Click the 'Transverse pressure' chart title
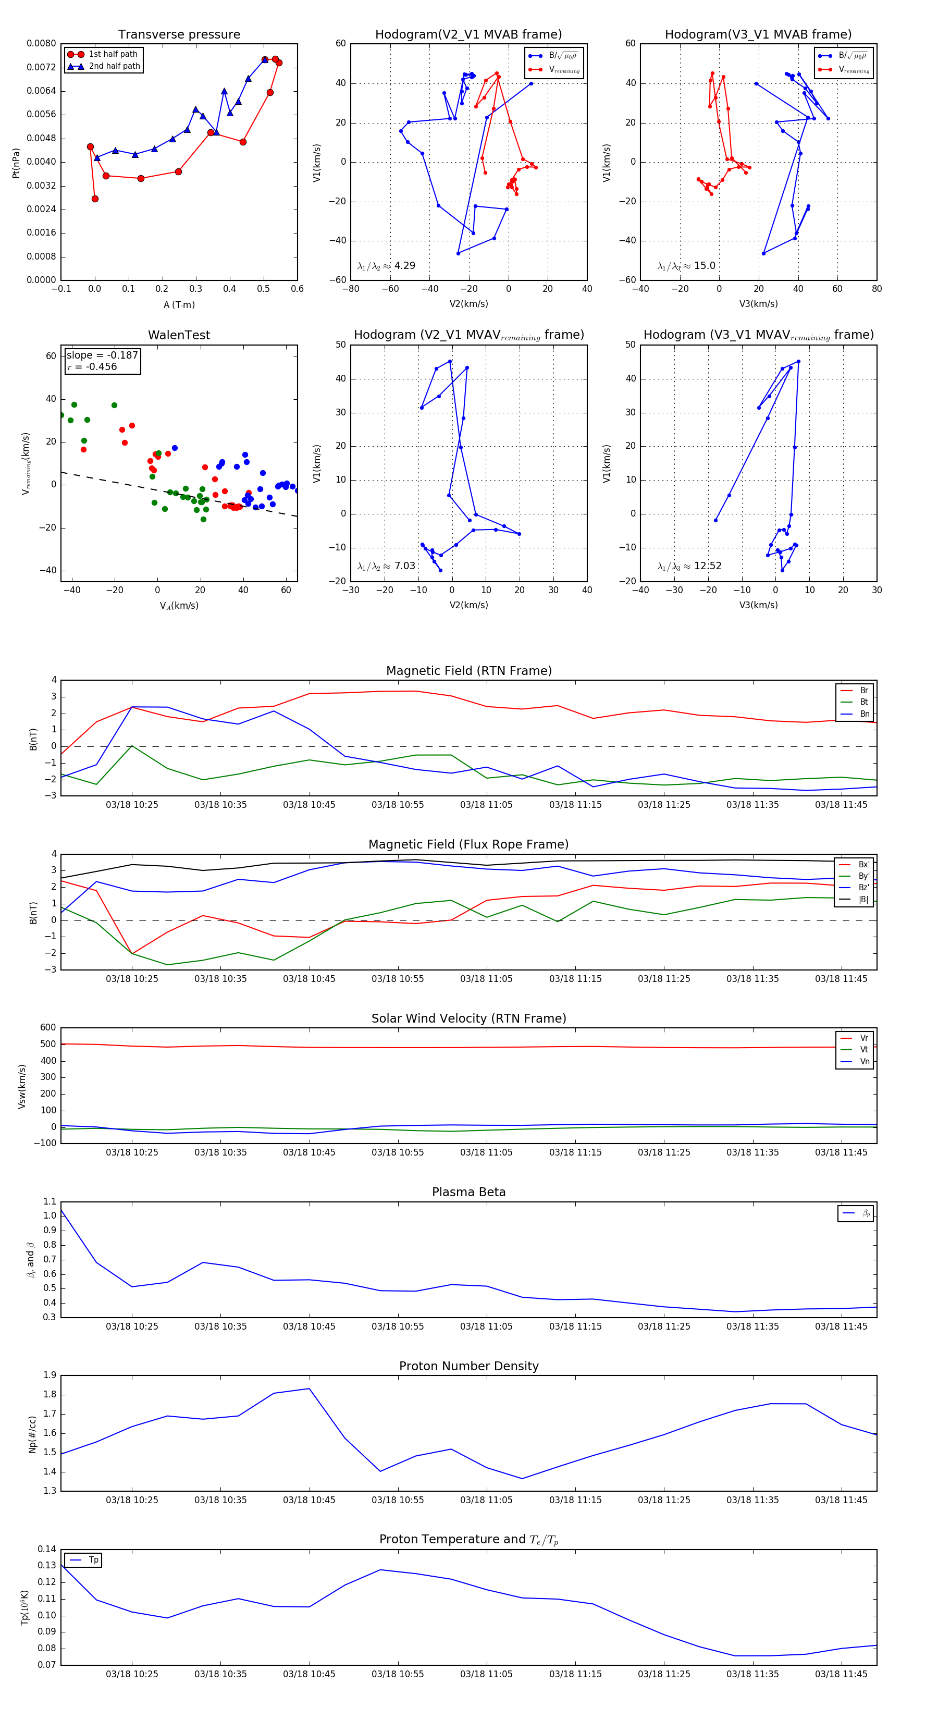(179, 35)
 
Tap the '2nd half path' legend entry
(114, 66)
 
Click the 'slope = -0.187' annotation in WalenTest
(102, 355)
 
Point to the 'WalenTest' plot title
(179, 335)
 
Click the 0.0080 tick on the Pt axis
(41, 43)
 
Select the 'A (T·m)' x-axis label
(179, 304)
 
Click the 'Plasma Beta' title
(468, 1192)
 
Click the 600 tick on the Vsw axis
(48, 1028)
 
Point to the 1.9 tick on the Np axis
(50, 1375)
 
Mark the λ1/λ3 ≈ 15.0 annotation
(686, 266)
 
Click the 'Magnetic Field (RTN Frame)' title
(468, 671)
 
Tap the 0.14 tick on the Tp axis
(47, 1549)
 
